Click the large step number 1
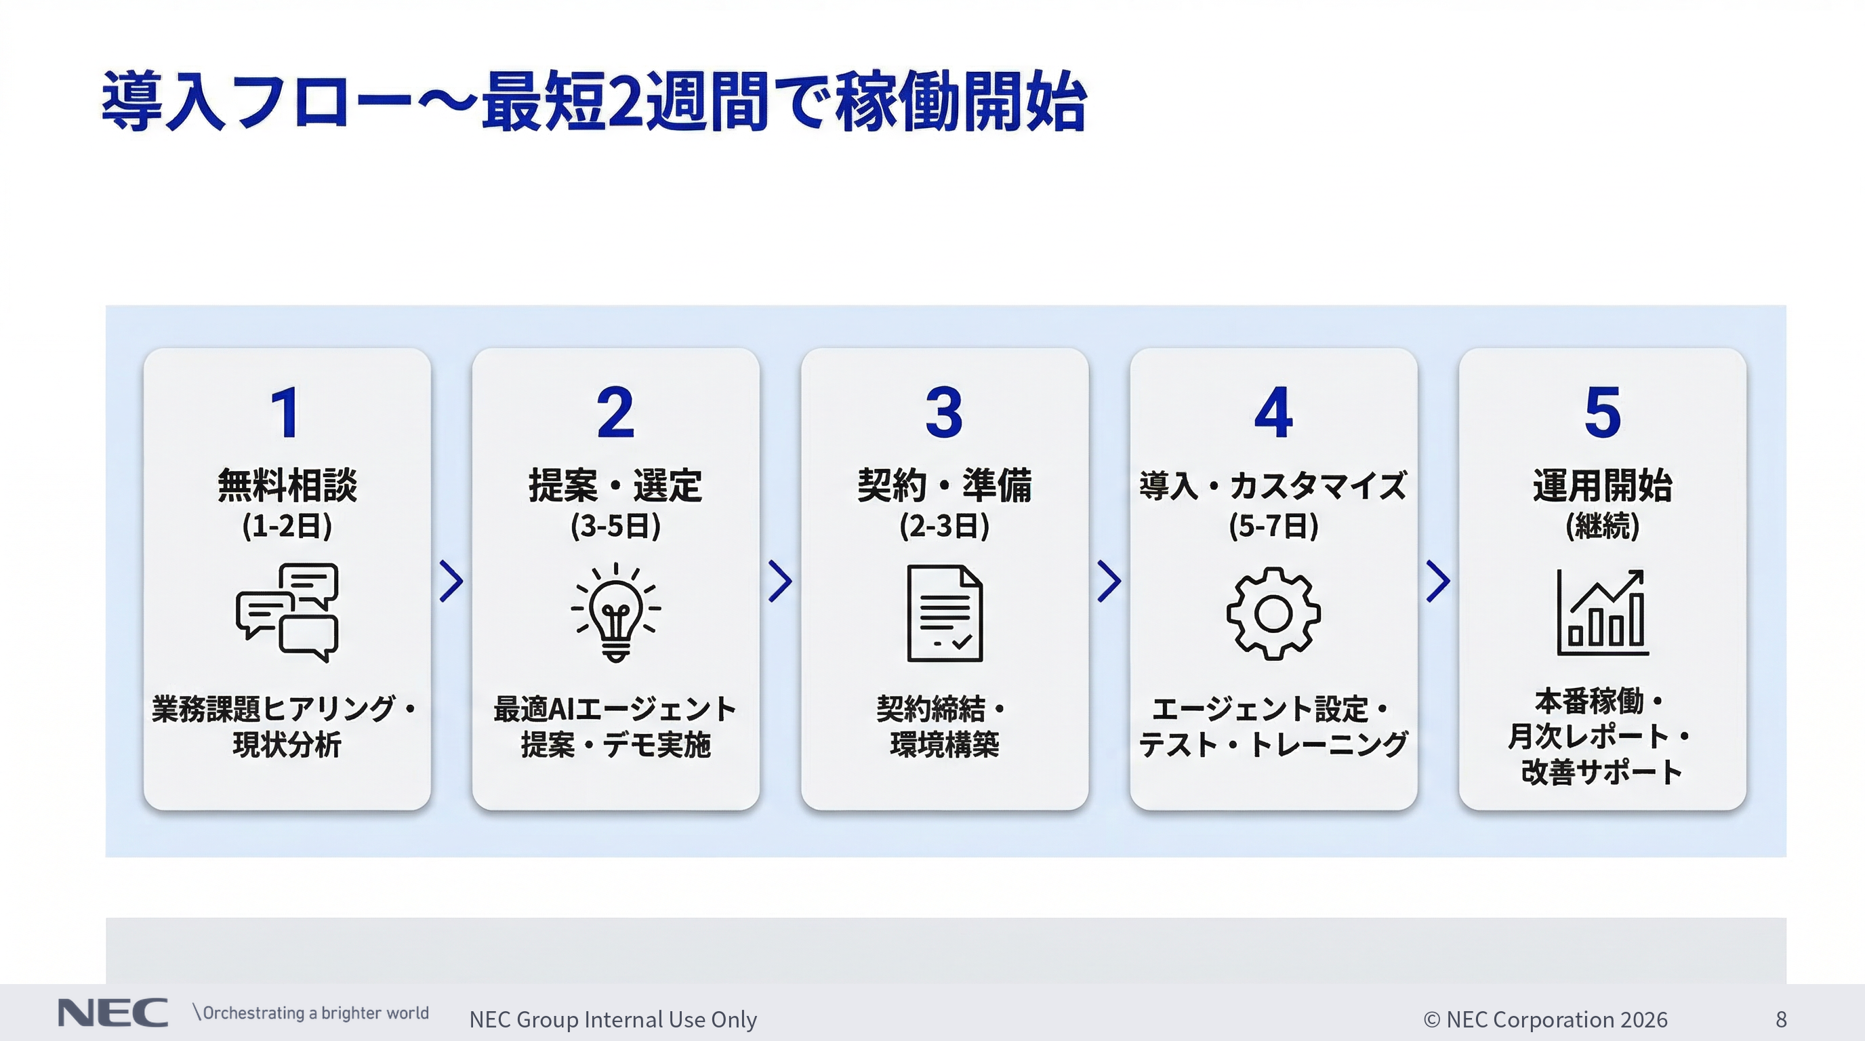[286, 412]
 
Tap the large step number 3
[944, 412]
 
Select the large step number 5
[1602, 412]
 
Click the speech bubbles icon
[287, 613]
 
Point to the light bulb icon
[615, 613]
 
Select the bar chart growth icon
[1602, 613]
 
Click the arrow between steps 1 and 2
[451, 581]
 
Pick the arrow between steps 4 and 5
[1438, 581]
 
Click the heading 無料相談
[287, 485]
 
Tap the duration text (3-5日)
[615, 525]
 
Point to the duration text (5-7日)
[1273, 525]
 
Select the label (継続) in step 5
[1602, 525]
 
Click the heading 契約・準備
[944, 485]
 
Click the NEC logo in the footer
[112, 1013]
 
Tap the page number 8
[1781, 1019]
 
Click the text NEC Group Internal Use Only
[613, 1019]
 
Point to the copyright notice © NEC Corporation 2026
[1545, 1019]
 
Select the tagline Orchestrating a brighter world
[314, 1013]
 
